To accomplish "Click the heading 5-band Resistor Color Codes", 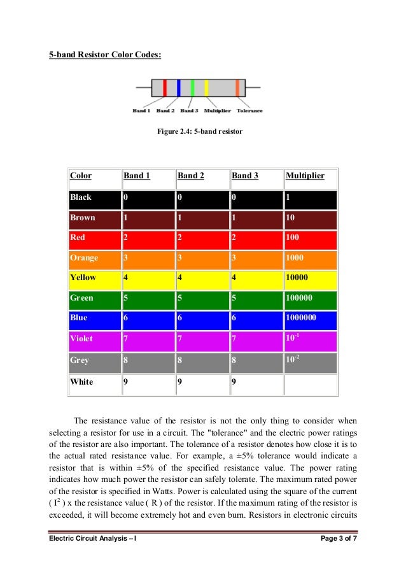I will coord(106,55).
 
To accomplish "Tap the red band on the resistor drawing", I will coord(165,88).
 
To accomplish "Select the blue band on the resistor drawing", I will coord(179,88).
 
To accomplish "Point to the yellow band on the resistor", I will coord(206,88).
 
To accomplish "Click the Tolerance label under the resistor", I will coord(249,111).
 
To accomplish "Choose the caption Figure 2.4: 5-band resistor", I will coord(200,132).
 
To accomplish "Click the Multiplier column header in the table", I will coord(305,175).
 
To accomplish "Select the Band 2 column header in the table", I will coord(191,175).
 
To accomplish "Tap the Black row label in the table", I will coord(81,197).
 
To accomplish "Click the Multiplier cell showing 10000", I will coord(310,278).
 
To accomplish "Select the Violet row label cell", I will coord(82,339).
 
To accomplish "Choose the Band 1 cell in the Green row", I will coord(147,298).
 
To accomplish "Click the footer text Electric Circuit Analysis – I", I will coord(92,541).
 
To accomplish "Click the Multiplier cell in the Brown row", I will coord(310,218).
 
